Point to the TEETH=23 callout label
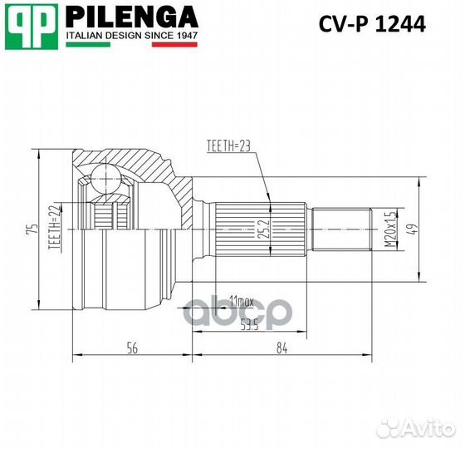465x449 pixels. pyautogui.click(x=228, y=147)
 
